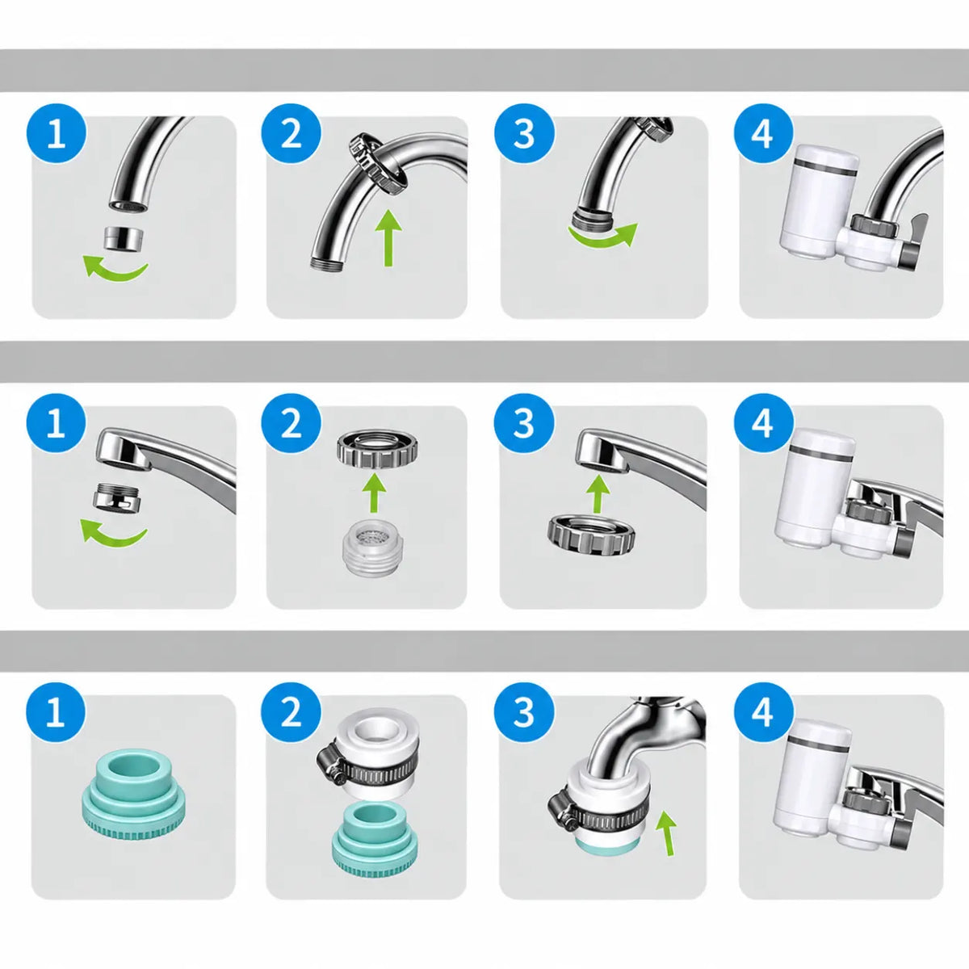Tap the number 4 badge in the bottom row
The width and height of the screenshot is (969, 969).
point(763,711)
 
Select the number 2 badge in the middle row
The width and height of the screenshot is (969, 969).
point(292,423)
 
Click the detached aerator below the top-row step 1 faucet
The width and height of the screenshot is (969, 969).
point(124,237)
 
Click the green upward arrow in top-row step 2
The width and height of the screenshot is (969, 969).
point(388,237)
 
